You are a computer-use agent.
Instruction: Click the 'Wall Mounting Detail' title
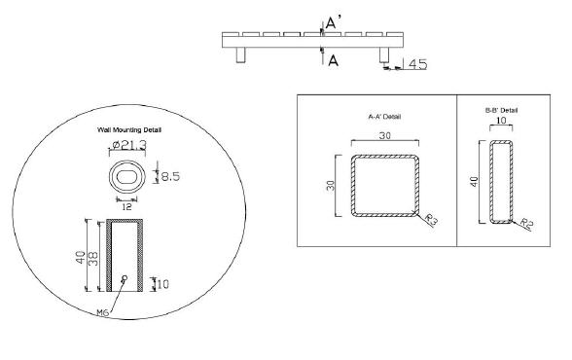point(129,129)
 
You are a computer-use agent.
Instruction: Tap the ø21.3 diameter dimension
point(129,145)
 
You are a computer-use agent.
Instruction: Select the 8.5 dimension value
point(170,177)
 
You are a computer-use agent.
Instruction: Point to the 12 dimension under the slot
point(126,207)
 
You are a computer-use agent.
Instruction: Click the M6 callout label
point(103,312)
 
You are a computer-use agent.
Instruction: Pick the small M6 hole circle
point(125,278)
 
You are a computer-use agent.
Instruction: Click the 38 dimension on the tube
point(93,258)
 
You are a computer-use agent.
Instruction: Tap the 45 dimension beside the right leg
point(417,64)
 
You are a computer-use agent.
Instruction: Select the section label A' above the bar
point(334,23)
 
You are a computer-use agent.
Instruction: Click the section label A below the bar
point(333,60)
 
